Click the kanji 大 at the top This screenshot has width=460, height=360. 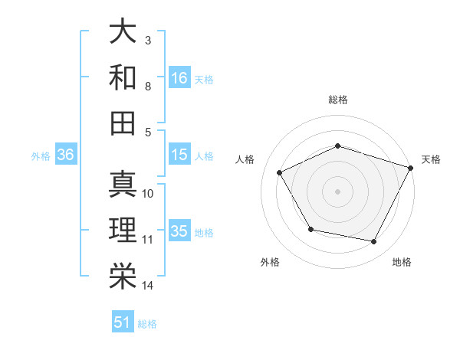click(123, 31)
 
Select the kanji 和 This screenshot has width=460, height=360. click(123, 77)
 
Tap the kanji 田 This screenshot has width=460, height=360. click(123, 123)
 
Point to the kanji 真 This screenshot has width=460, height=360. click(123, 185)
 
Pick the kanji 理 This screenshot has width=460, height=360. click(123, 231)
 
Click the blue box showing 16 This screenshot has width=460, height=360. click(179, 77)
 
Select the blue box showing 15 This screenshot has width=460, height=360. click(179, 155)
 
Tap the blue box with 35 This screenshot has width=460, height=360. click(179, 231)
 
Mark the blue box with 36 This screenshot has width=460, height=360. click(66, 155)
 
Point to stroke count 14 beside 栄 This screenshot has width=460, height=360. click(148, 286)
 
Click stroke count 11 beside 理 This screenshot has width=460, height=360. click(148, 240)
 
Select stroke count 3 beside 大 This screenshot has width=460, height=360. click(147, 40)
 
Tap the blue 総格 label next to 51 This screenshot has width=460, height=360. click(147, 324)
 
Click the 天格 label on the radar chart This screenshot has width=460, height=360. click(431, 159)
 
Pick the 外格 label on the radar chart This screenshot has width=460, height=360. click(270, 262)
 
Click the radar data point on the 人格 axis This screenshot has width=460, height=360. click(279, 173)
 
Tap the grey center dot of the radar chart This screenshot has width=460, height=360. click(337, 191)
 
